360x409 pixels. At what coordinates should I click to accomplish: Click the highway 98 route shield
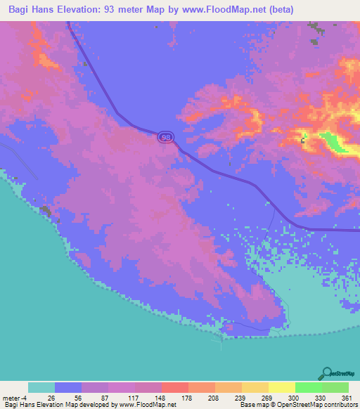coord(165,138)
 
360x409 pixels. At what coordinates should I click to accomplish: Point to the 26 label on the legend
coord(55,397)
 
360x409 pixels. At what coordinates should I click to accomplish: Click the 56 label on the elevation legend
coord(82,397)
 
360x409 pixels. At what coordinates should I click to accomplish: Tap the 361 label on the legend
coord(347,397)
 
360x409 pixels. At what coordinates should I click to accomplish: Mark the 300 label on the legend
coord(295,397)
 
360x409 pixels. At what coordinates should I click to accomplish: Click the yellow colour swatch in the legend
coord(281,387)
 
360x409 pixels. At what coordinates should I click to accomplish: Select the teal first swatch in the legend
coord(41,387)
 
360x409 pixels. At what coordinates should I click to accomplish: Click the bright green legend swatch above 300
coord(308,387)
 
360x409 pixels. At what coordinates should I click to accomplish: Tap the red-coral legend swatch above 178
coord(174,387)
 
